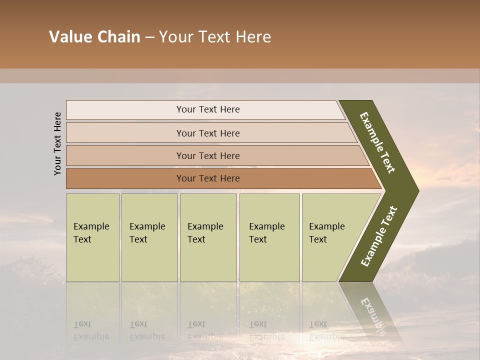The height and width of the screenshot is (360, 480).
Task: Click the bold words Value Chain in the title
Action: point(94,37)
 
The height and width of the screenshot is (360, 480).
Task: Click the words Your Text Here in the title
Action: point(215,37)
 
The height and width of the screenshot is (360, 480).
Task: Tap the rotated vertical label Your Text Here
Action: point(57,143)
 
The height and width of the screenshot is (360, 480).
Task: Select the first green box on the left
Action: point(92,237)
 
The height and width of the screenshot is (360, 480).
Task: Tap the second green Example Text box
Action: point(149,237)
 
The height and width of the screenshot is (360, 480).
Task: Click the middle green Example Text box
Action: point(208,237)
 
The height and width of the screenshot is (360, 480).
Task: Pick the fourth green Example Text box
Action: point(269,237)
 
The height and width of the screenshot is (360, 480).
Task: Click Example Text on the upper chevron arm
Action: point(377,142)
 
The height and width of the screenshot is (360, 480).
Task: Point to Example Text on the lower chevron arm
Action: point(379,236)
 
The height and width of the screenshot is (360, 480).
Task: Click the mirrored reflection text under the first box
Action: point(91,330)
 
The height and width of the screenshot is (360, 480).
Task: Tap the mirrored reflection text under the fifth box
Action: point(326,330)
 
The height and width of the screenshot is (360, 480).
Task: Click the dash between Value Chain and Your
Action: point(149,37)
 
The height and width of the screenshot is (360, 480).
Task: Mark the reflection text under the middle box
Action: point(205,330)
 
